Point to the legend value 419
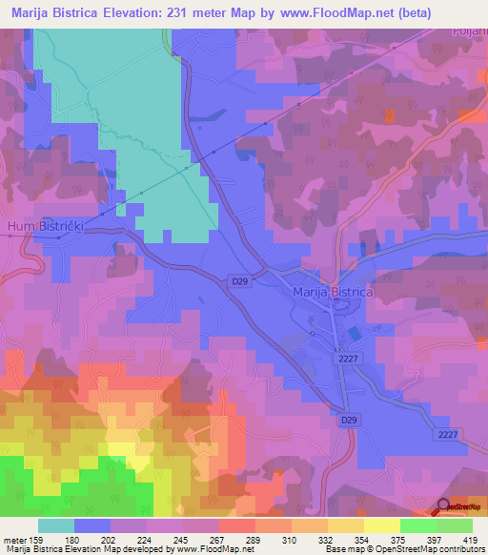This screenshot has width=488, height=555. tap(470, 540)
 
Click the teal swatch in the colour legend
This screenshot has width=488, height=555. tap(56, 525)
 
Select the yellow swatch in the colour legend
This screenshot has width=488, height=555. tap(381, 525)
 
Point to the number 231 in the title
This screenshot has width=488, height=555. tap(181, 13)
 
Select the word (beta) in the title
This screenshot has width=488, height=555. tap(382, 13)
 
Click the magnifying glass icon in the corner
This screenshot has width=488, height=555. tap(444, 507)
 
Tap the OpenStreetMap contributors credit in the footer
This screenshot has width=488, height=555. tap(420, 549)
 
